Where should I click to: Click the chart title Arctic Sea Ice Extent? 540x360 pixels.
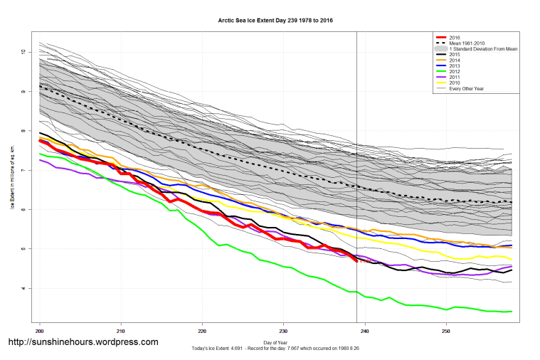click(x=275, y=21)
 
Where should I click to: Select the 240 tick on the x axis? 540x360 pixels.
click(x=365, y=331)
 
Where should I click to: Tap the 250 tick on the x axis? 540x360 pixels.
click(x=446, y=331)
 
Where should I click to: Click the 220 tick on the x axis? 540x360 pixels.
click(x=203, y=331)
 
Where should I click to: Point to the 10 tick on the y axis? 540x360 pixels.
click(x=23, y=53)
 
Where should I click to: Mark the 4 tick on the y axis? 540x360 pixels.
click(x=23, y=288)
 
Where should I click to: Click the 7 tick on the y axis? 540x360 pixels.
click(x=23, y=171)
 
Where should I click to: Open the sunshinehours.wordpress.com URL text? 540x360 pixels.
click(x=83, y=343)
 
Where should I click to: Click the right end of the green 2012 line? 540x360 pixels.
click(x=512, y=312)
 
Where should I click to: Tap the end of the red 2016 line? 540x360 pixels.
click(x=356, y=261)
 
